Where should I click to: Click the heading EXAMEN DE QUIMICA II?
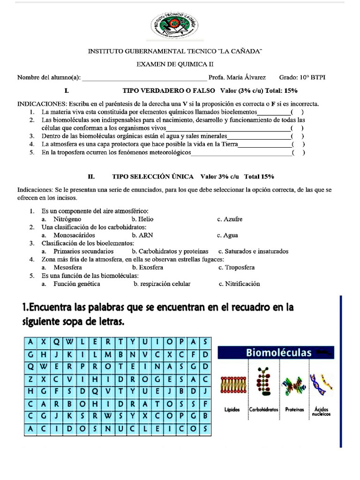[x=175, y=64]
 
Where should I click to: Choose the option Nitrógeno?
[x=67, y=219]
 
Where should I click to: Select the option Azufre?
[x=233, y=219]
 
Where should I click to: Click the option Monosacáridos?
[x=74, y=235]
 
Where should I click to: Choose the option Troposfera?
[x=240, y=267]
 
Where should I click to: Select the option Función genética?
[x=76, y=284]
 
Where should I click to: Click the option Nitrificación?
[x=242, y=284]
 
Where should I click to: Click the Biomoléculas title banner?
[x=276, y=352]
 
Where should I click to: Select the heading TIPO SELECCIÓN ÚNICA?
[x=153, y=177]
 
